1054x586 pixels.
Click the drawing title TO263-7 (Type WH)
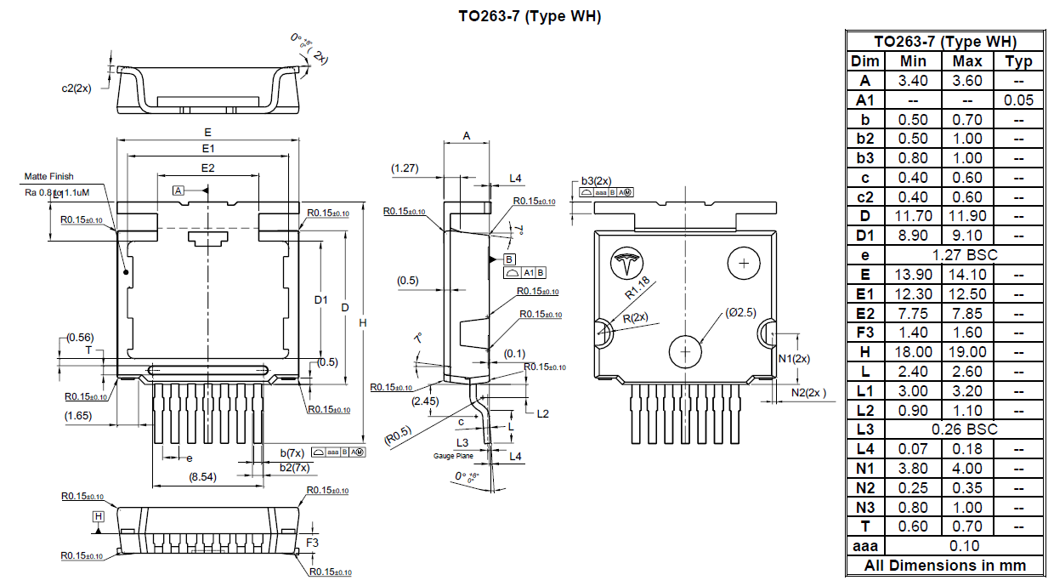(x=530, y=16)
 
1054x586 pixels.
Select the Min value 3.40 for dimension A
(x=913, y=81)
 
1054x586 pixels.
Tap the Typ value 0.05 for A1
(x=1018, y=100)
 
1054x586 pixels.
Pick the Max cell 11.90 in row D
(x=967, y=216)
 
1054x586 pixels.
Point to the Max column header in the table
(x=967, y=61)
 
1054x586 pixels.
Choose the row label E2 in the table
(x=865, y=313)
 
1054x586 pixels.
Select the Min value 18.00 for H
(x=913, y=352)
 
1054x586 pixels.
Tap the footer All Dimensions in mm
(x=945, y=566)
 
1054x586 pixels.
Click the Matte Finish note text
(x=48, y=176)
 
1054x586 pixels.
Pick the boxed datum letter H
(x=99, y=516)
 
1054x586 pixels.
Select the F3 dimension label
(x=312, y=542)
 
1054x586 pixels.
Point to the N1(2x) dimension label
(x=794, y=359)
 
